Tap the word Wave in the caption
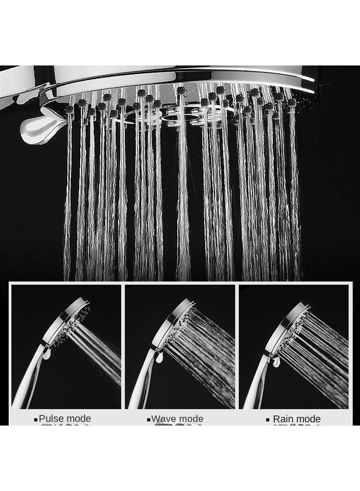coord(163,419)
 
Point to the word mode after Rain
coord(309,419)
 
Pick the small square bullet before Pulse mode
coord(36,420)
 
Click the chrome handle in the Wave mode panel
coord(142,382)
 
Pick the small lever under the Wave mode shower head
coord(159,357)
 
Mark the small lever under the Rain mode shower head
coord(277,362)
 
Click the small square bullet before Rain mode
coord(268,420)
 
